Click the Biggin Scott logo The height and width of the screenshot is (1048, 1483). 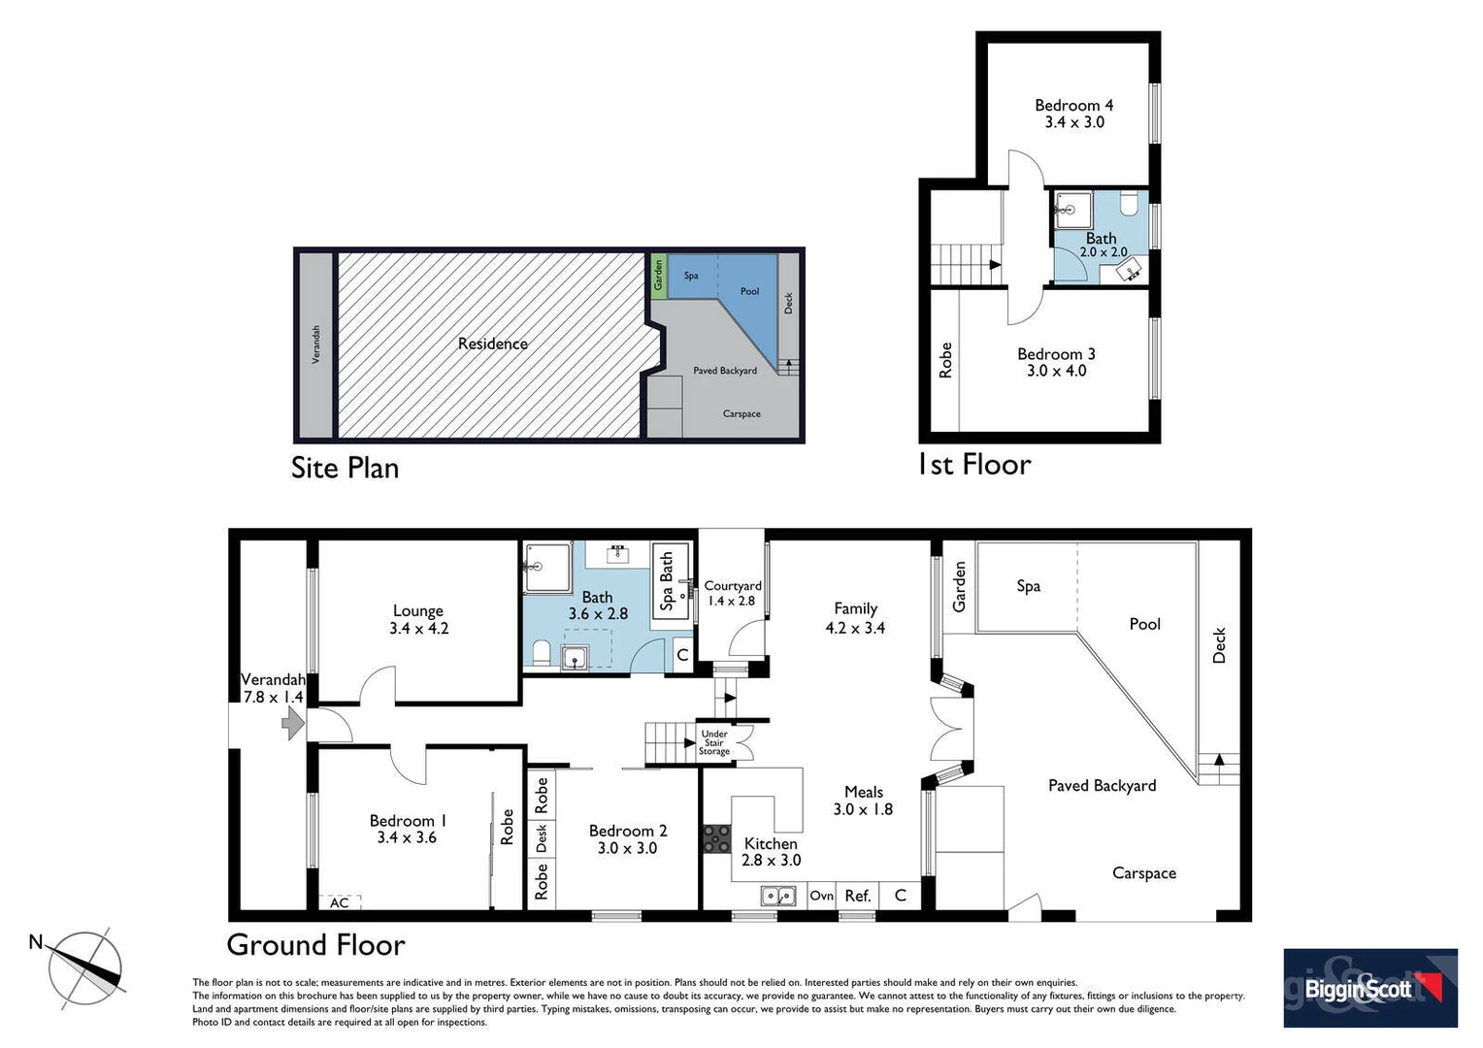pos(1369,988)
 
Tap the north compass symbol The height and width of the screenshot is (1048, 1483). pos(87,967)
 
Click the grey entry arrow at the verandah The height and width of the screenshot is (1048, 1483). pos(292,723)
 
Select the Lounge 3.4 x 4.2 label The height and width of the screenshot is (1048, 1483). pos(418,619)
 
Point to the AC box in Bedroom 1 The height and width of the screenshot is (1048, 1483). pos(340,902)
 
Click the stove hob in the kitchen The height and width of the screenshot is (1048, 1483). pos(717,838)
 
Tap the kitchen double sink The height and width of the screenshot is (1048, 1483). pos(778,896)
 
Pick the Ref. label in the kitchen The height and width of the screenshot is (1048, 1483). pos(857,896)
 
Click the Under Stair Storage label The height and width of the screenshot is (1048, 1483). pos(714,742)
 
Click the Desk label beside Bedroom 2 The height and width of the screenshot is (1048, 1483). pos(542,837)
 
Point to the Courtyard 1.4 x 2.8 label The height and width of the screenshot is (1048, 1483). pos(733,593)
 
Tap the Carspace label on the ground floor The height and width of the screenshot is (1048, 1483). pos(1143,873)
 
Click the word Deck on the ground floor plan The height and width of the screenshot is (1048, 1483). pos(1219,645)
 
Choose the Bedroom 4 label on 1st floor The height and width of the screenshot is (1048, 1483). pos(1073,113)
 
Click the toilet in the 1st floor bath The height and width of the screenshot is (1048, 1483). pos(1129,205)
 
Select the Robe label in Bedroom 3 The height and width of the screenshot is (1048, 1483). pos(945,360)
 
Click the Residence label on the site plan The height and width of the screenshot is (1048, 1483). pos(492,344)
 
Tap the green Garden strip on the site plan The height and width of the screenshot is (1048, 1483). pos(657,275)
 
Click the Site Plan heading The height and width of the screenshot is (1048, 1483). pos(345,468)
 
